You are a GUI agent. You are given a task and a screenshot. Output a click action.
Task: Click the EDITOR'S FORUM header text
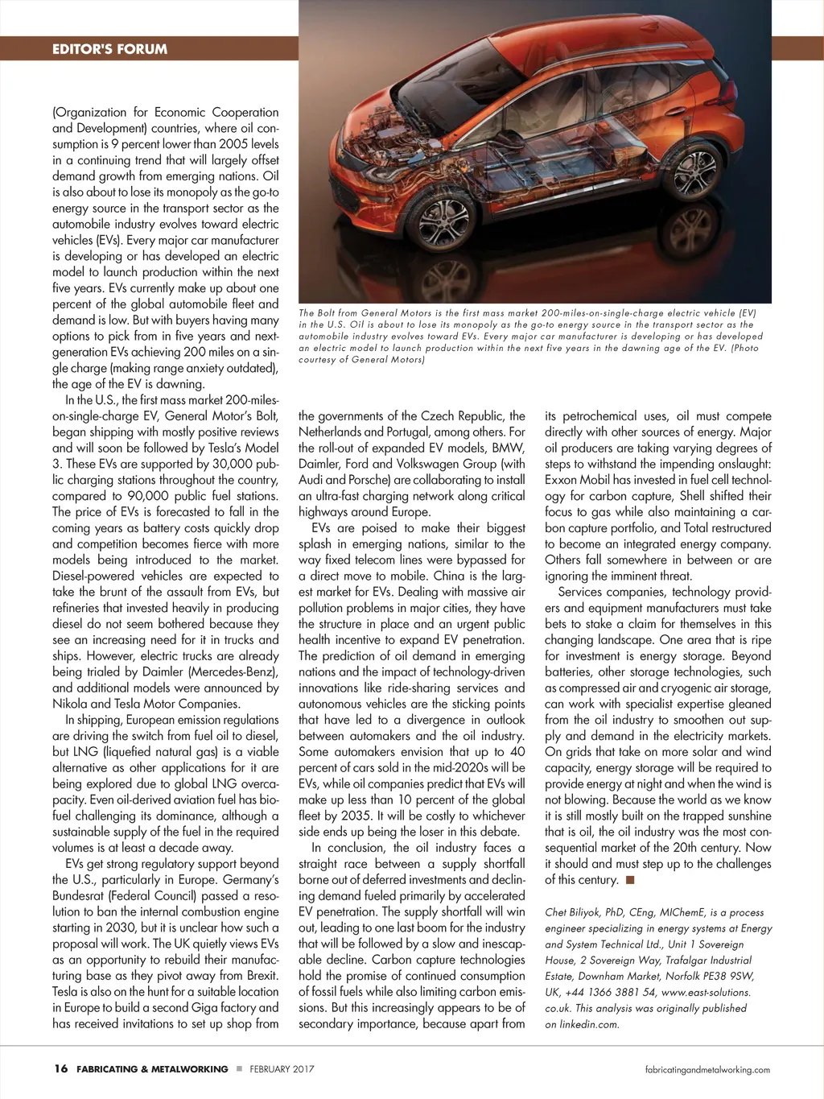click(109, 49)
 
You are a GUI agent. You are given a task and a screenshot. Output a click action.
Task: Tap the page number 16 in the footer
click(61, 1069)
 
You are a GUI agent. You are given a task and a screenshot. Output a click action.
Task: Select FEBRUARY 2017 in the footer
click(282, 1069)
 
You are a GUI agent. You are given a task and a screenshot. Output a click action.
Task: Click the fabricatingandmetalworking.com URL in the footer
click(707, 1070)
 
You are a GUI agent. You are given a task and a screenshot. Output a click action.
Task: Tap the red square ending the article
click(630, 880)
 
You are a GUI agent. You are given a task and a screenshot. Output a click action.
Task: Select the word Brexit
click(259, 976)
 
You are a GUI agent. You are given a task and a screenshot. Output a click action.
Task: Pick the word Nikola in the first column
click(70, 704)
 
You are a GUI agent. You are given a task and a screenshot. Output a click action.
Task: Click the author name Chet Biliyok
click(574, 912)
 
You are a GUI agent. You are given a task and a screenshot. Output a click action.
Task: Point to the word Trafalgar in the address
click(698, 960)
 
